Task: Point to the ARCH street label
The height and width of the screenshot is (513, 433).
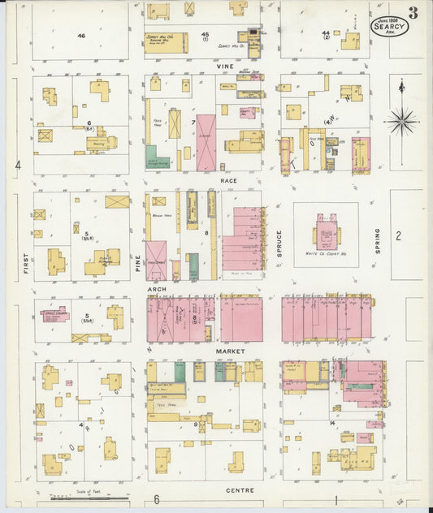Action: tap(157, 288)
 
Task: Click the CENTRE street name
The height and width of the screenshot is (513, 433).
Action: tap(240, 490)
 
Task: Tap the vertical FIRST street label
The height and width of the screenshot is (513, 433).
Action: tap(25, 263)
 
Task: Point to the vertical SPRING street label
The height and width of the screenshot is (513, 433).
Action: tap(378, 241)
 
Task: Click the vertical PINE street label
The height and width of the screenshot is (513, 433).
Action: tap(137, 261)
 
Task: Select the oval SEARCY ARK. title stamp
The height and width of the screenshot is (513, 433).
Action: tap(389, 27)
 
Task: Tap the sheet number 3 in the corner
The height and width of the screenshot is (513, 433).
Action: tap(414, 11)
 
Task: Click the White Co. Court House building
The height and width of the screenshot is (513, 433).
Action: tap(327, 235)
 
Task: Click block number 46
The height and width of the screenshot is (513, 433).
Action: tap(81, 37)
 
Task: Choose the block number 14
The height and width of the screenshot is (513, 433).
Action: tap(332, 424)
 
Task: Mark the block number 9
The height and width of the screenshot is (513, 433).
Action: tap(195, 424)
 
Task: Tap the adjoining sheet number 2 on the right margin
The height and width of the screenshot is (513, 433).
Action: tap(398, 236)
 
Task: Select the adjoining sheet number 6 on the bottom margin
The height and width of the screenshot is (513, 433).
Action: tap(157, 499)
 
